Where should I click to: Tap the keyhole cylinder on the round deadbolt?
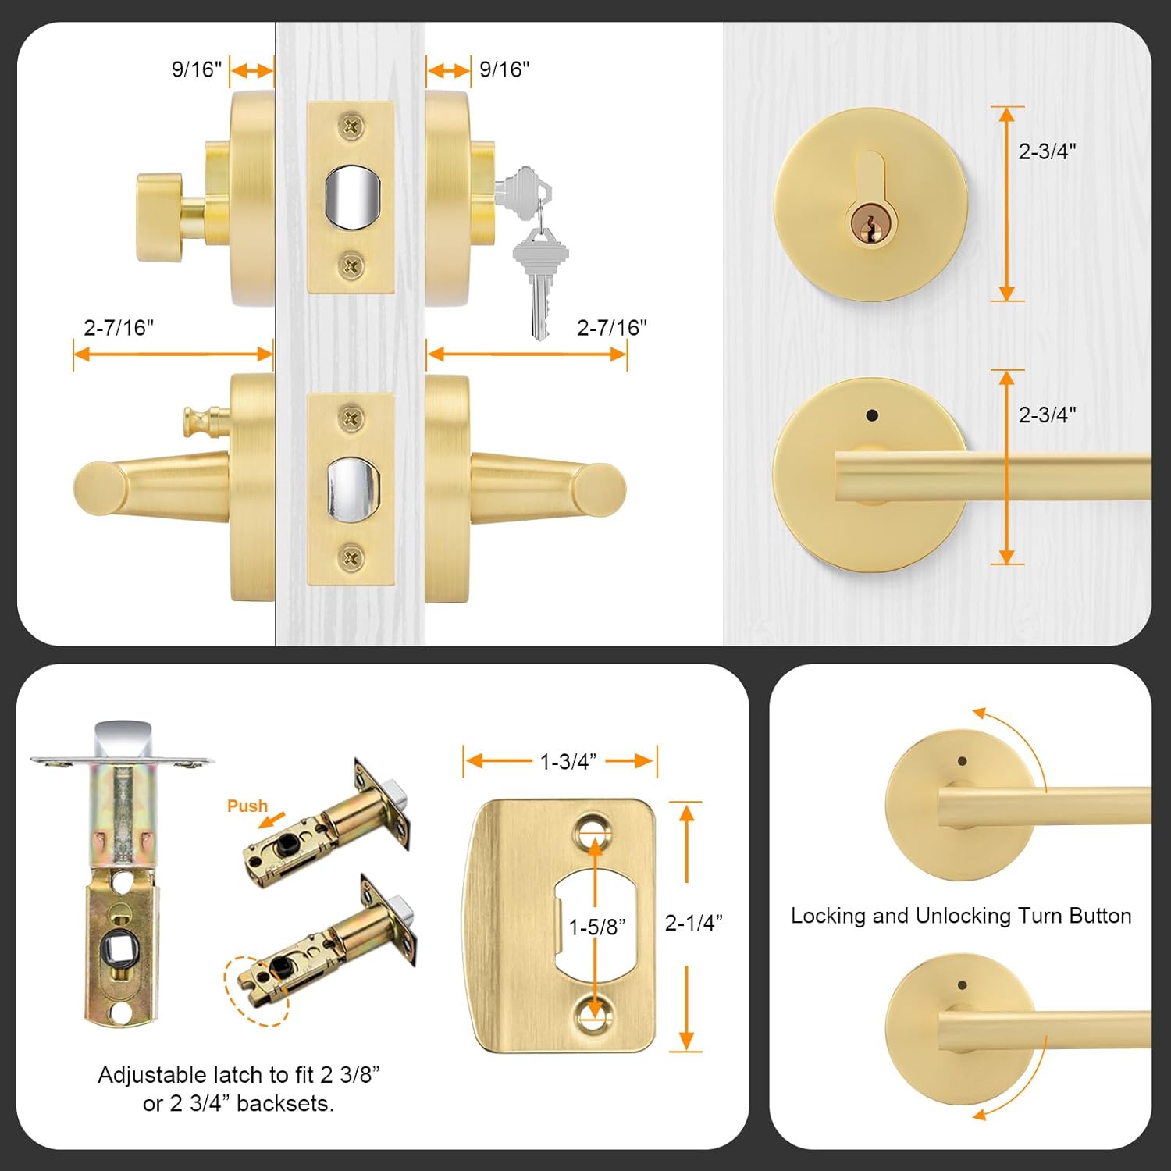click(x=870, y=221)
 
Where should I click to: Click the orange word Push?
click(x=247, y=806)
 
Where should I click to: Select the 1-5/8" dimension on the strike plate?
click(x=597, y=927)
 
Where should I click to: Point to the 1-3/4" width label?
click(x=568, y=761)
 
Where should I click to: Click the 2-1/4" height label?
click(x=693, y=923)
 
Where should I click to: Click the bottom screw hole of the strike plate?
click(x=595, y=1014)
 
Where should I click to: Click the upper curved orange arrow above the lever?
click(x=1015, y=738)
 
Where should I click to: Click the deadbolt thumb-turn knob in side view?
click(x=159, y=217)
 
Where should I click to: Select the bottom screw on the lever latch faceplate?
click(x=351, y=557)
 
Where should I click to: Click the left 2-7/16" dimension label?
click(x=119, y=328)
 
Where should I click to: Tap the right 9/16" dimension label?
click(x=504, y=69)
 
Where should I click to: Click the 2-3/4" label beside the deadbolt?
click(x=1047, y=151)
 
